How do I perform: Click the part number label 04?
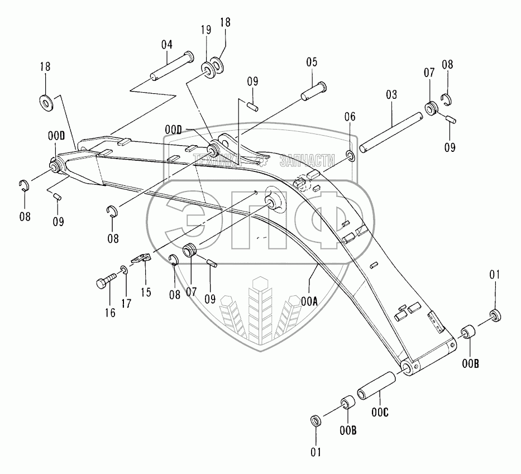click(x=166, y=44)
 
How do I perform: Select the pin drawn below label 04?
click(x=171, y=65)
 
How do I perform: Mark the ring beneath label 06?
click(x=350, y=154)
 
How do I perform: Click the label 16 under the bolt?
click(x=110, y=313)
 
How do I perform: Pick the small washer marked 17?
click(x=124, y=271)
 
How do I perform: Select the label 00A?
click(x=309, y=301)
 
